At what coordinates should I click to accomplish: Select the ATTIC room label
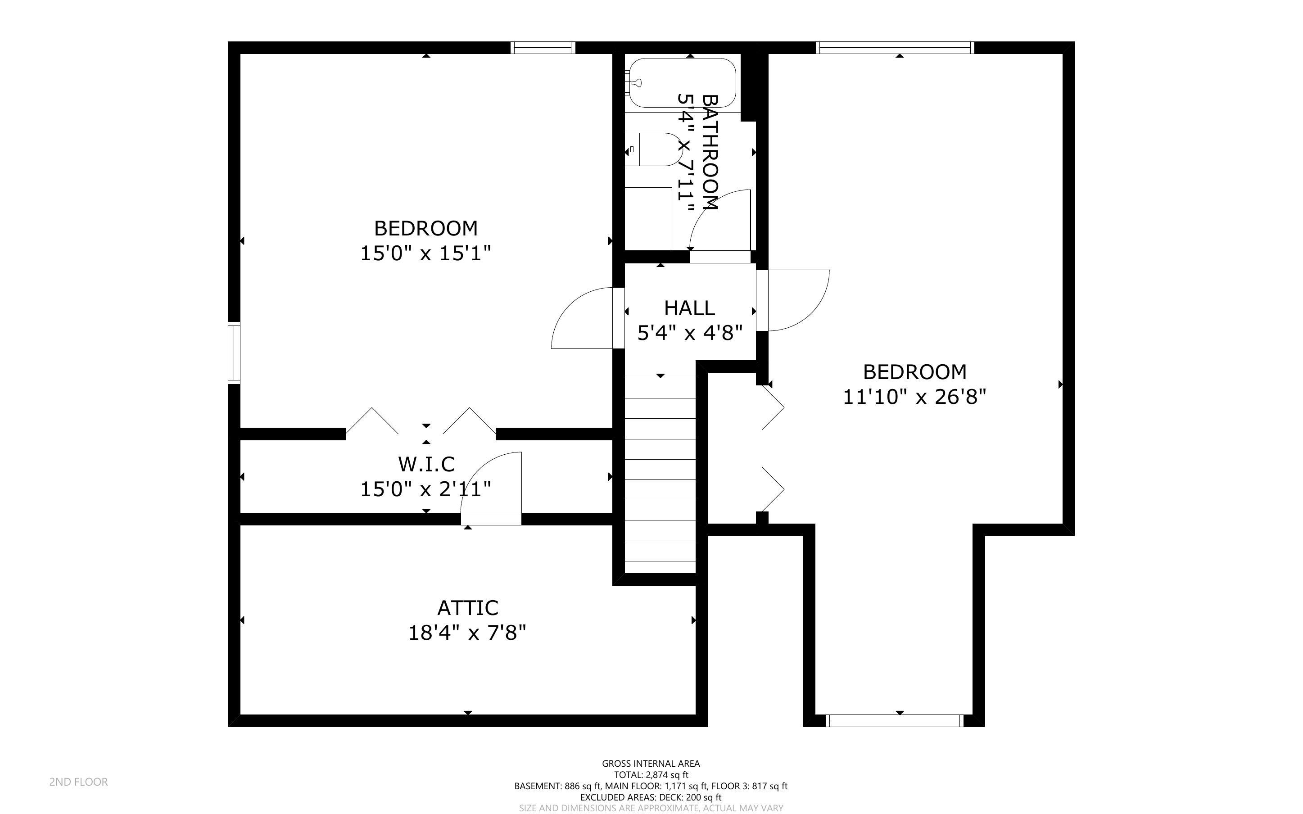(467, 608)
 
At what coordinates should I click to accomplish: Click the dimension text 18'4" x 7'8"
(467, 633)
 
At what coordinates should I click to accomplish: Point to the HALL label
(689, 308)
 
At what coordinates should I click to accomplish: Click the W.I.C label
(426, 464)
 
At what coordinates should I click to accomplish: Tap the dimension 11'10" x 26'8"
(914, 397)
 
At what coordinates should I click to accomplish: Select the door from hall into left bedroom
(584, 319)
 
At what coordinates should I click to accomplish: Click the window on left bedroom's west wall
(234, 353)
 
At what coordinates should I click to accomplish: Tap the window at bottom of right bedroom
(894, 720)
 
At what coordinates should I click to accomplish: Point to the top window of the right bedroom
(895, 48)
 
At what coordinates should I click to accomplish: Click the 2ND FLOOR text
(79, 782)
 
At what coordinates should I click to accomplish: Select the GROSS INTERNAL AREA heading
(651, 764)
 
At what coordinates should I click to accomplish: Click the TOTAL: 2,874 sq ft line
(651, 775)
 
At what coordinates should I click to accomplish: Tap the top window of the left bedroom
(543, 48)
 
